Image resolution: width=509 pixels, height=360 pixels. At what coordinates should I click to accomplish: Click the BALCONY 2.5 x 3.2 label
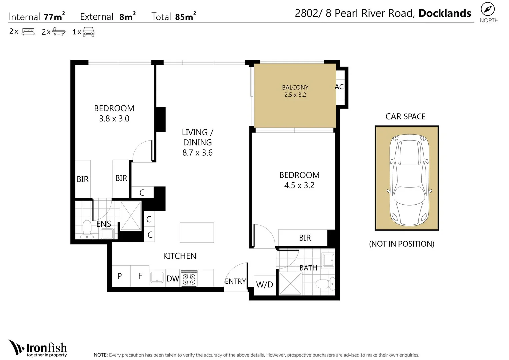pyautogui.click(x=295, y=91)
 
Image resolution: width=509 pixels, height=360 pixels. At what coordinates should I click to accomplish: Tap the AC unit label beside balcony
pyautogui.click(x=339, y=87)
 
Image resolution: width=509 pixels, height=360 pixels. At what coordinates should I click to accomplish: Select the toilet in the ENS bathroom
pyautogui.click(x=87, y=229)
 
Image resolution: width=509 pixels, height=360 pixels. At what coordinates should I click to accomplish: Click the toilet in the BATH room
pyautogui.click(x=324, y=284)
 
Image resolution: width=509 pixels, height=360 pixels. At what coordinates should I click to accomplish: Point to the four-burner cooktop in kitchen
pyautogui.click(x=189, y=279)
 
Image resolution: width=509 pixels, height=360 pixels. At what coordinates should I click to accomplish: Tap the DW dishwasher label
pyautogui.click(x=173, y=279)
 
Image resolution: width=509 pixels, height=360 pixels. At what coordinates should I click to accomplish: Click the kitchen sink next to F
pyautogui.click(x=157, y=277)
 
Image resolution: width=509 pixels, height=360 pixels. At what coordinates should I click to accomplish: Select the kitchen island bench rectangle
pyautogui.click(x=197, y=232)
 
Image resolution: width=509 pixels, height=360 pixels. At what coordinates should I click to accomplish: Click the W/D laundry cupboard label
pyautogui.click(x=265, y=285)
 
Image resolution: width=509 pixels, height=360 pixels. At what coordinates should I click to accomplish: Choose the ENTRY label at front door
pyautogui.click(x=235, y=281)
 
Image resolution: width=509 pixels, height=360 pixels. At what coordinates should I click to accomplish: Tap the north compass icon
pyautogui.click(x=487, y=9)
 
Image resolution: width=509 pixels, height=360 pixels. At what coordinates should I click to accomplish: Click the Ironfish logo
pyautogui.click(x=38, y=349)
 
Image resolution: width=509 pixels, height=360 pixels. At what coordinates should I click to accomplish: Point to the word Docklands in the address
pyautogui.click(x=444, y=13)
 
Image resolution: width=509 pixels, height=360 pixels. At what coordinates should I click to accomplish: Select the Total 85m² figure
pyautogui.click(x=174, y=17)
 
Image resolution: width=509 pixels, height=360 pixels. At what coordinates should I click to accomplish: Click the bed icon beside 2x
pyautogui.click(x=28, y=32)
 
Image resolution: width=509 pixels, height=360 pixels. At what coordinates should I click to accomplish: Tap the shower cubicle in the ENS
pyautogui.click(x=131, y=216)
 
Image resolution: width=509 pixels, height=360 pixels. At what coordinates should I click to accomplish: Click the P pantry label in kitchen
pyautogui.click(x=120, y=276)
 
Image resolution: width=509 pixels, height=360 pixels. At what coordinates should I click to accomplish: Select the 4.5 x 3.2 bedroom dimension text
pyautogui.click(x=299, y=186)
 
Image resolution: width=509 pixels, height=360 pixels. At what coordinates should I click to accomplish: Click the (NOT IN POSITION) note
pyautogui.click(x=401, y=244)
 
